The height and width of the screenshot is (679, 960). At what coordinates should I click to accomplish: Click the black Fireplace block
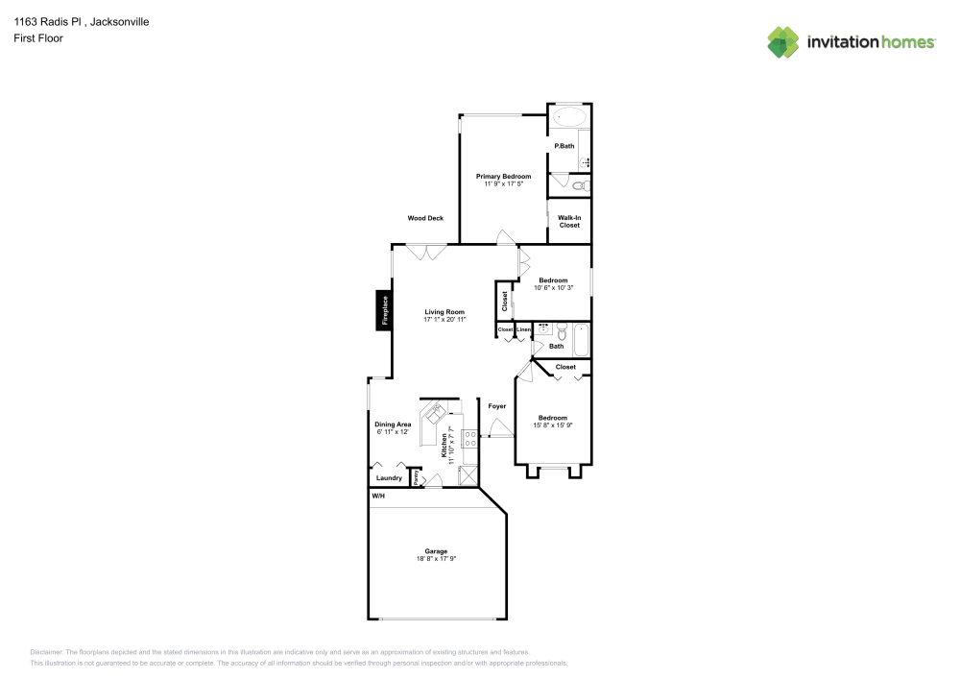pyautogui.click(x=383, y=311)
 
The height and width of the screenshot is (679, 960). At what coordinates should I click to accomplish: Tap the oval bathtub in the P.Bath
pyautogui.click(x=569, y=118)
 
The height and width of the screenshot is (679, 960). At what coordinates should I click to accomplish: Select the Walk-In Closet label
pyautogui.click(x=569, y=221)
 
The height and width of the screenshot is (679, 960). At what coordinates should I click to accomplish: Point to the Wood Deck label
pyautogui.click(x=425, y=218)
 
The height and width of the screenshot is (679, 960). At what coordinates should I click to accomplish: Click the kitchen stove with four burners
pyautogui.click(x=471, y=439)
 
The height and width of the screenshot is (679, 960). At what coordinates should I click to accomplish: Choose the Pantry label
pyautogui.click(x=416, y=477)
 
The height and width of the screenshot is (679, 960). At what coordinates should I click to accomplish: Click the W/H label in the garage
pyautogui.click(x=378, y=497)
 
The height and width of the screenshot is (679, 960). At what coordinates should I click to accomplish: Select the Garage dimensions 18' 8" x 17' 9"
pyautogui.click(x=436, y=558)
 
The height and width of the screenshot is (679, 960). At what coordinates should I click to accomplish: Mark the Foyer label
pyautogui.click(x=496, y=406)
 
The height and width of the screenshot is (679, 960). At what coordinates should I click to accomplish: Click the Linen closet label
pyautogui.click(x=523, y=330)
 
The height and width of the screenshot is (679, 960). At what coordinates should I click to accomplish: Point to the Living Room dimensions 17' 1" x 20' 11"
pyautogui.click(x=444, y=319)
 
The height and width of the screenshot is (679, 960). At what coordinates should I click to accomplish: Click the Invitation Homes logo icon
pyautogui.click(x=782, y=41)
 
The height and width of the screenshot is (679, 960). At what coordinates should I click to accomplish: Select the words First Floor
pyautogui.click(x=38, y=38)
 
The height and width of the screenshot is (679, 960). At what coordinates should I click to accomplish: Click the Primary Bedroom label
pyautogui.click(x=503, y=176)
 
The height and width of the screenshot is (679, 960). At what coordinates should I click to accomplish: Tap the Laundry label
pyautogui.click(x=389, y=477)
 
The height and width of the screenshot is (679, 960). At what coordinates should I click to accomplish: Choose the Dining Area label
pyautogui.click(x=393, y=424)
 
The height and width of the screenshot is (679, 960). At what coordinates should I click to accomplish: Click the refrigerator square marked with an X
pyautogui.click(x=468, y=475)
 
